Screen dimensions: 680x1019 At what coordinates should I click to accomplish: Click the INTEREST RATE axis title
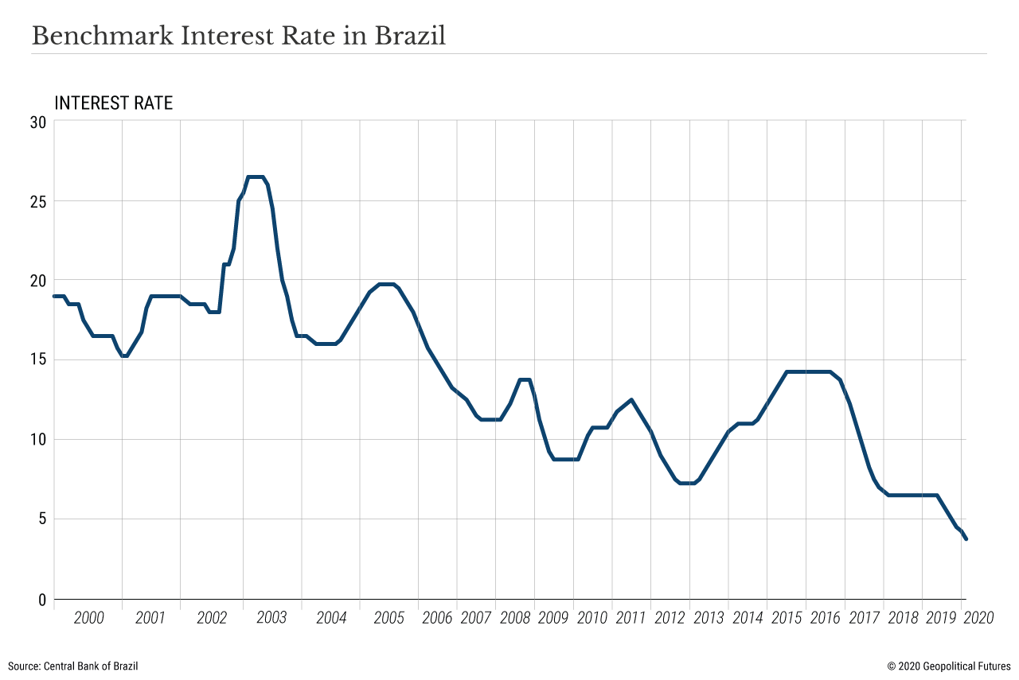[x=113, y=103]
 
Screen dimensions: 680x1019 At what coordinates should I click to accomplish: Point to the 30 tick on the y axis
[x=38, y=122]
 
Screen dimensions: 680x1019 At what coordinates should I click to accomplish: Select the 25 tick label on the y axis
[x=38, y=201]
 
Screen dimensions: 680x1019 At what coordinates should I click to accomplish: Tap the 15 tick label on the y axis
[x=38, y=360]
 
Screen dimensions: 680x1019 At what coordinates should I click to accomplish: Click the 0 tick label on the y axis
[x=42, y=600]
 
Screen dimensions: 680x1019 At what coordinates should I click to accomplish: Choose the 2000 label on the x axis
[x=88, y=618]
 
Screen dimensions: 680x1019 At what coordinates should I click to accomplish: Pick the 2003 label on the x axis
[x=271, y=618]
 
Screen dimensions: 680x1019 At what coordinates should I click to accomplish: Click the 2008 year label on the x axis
[x=515, y=618]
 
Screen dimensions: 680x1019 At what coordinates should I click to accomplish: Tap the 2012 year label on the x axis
[x=670, y=618]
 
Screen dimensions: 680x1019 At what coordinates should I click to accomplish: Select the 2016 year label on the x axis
[x=825, y=618]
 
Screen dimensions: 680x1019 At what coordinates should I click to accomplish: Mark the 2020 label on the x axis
[x=978, y=618]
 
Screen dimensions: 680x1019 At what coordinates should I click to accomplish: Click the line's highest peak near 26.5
[x=256, y=177]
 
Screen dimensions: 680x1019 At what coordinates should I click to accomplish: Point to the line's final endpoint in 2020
[x=966, y=539]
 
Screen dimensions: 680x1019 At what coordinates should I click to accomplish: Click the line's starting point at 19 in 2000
[x=54, y=296]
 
